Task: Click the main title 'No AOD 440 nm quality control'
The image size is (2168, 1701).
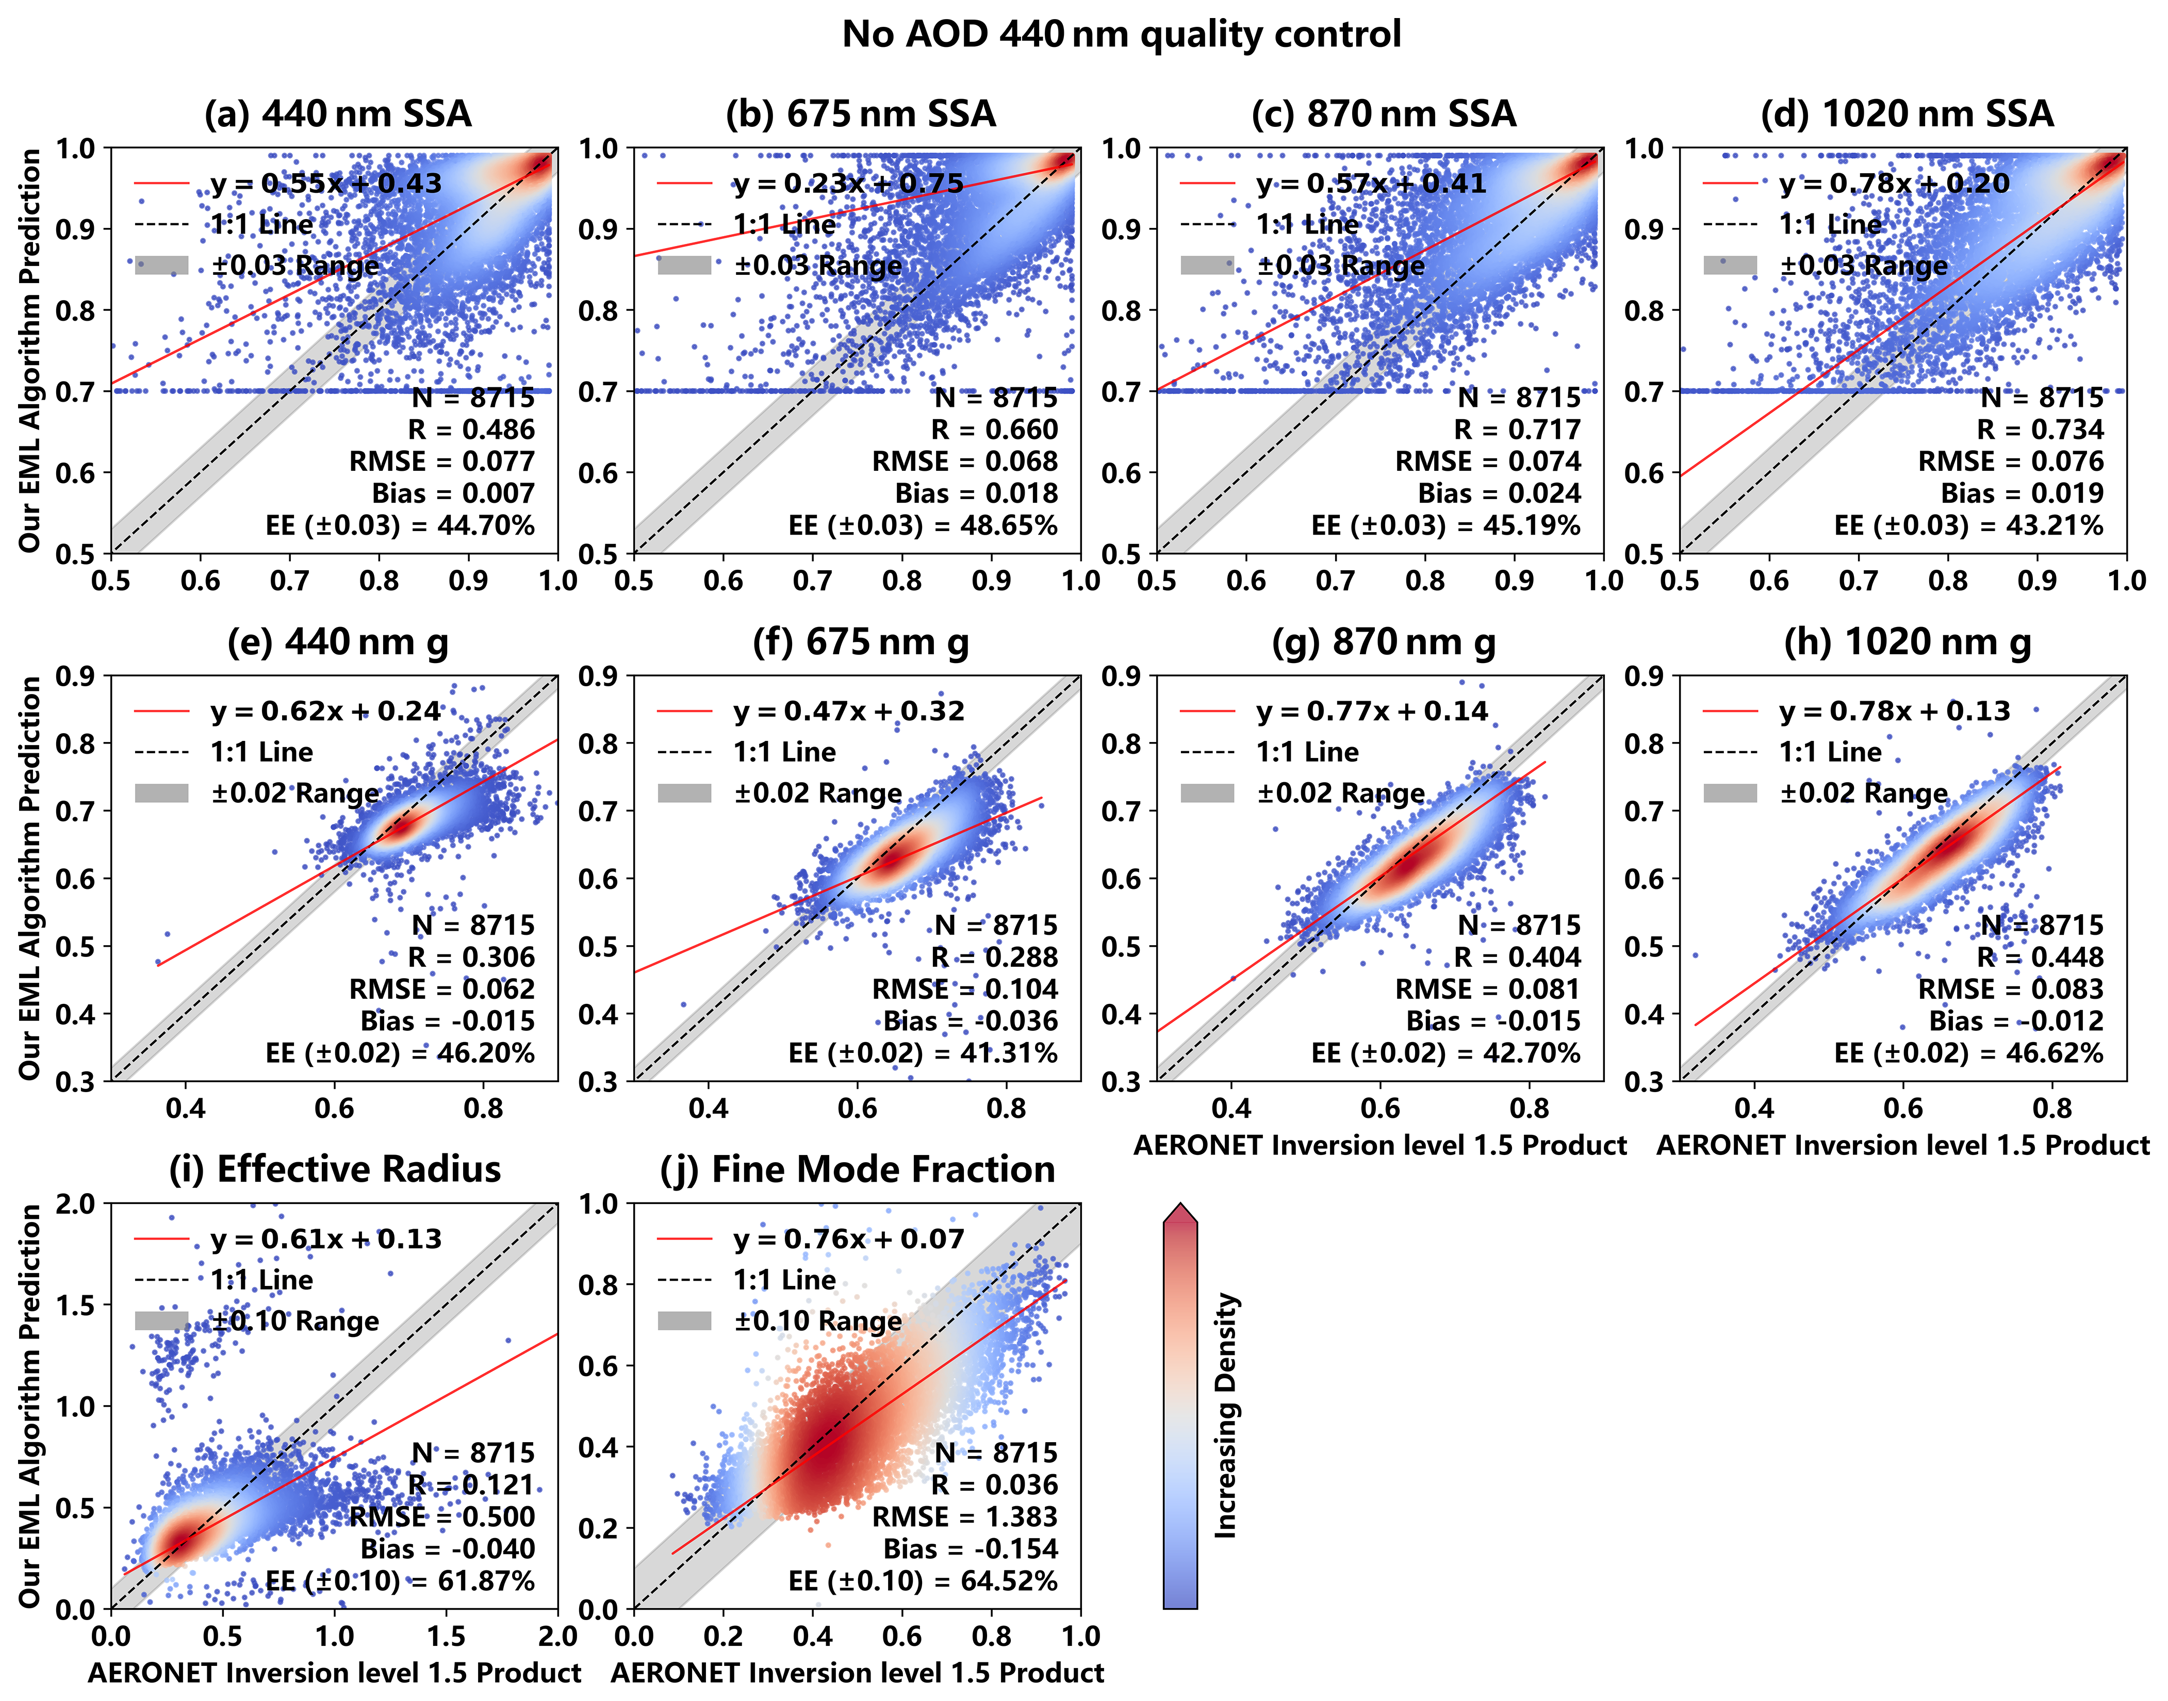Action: [1121, 34]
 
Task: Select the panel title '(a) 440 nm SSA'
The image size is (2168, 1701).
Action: [338, 113]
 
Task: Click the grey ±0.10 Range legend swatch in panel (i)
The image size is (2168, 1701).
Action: [161, 1320]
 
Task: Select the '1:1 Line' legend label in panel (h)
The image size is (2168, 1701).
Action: [1830, 752]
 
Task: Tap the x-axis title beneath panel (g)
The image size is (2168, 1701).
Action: [1381, 1145]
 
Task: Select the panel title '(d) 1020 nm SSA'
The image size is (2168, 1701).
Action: [1907, 113]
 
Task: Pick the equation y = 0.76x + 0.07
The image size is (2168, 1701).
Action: [848, 1239]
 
